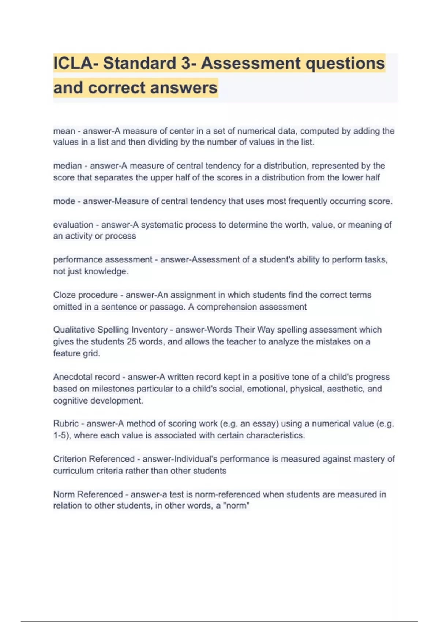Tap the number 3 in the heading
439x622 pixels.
(186, 63)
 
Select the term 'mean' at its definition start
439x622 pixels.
(64, 131)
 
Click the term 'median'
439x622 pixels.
(67, 166)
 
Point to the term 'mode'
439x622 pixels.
(64, 201)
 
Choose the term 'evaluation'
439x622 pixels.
(73, 225)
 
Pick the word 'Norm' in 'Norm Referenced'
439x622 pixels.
(64, 494)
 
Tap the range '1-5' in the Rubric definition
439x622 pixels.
(60, 435)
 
